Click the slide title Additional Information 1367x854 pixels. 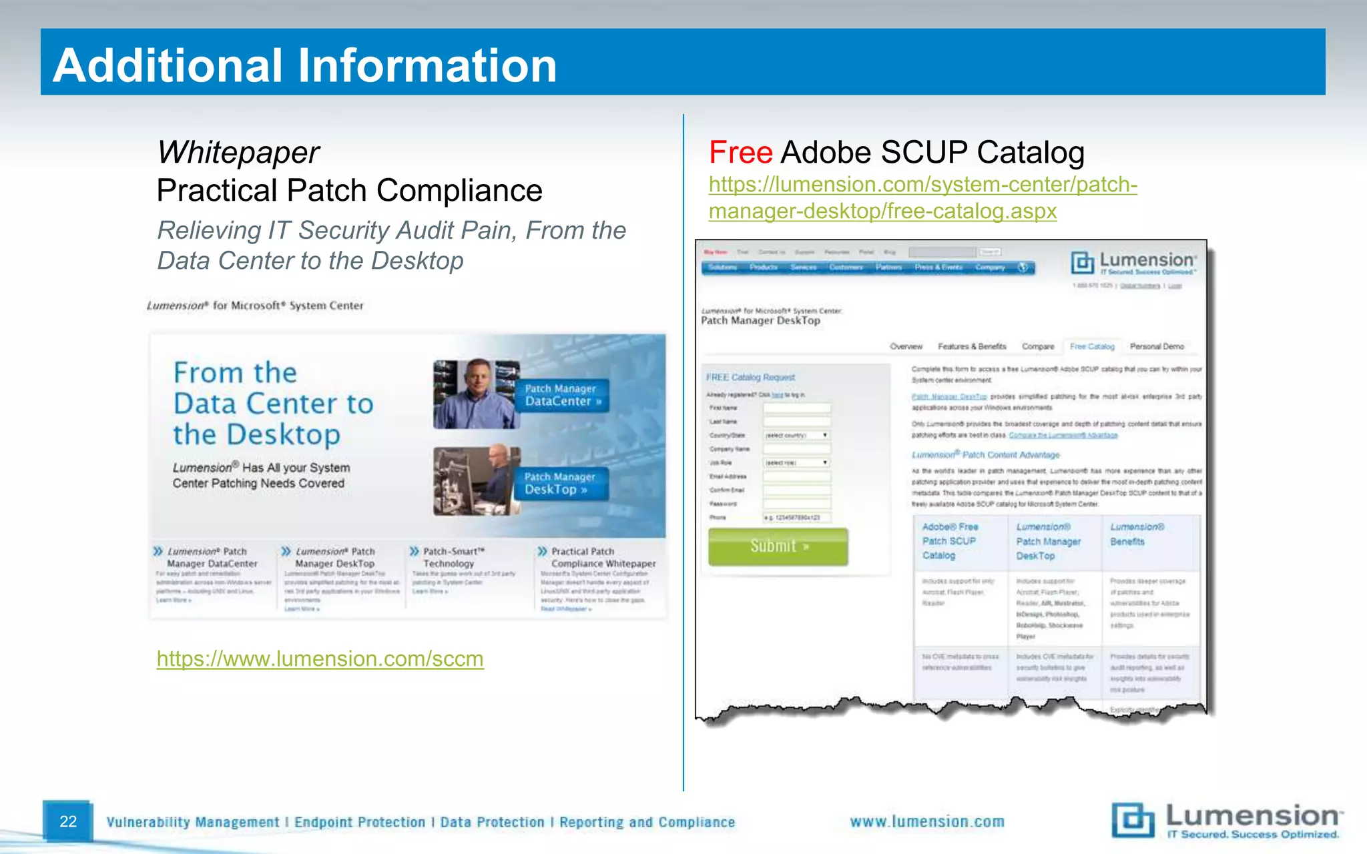pyautogui.click(x=304, y=65)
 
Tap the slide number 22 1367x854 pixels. pyautogui.click(x=68, y=821)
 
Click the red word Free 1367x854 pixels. pyautogui.click(x=740, y=153)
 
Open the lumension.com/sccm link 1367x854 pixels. pyautogui.click(x=320, y=659)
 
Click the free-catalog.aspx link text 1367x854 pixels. pyautogui.click(x=882, y=211)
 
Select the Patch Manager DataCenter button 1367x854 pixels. pyautogui.click(x=563, y=395)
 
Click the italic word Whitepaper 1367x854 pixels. pyautogui.click(x=238, y=153)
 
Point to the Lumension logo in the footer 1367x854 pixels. pyautogui.click(x=1225, y=820)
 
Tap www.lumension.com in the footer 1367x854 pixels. pyautogui.click(x=926, y=822)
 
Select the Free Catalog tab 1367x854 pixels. pyautogui.click(x=1092, y=346)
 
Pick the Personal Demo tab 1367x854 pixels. pyautogui.click(x=1157, y=346)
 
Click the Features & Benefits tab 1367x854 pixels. pyautogui.click(x=972, y=346)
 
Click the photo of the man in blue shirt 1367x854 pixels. pyautogui.click(x=475, y=394)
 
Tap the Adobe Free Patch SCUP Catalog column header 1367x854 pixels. pyautogui.click(x=950, y=541)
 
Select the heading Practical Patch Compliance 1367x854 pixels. pyautogui.click(x=349, y=191)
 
